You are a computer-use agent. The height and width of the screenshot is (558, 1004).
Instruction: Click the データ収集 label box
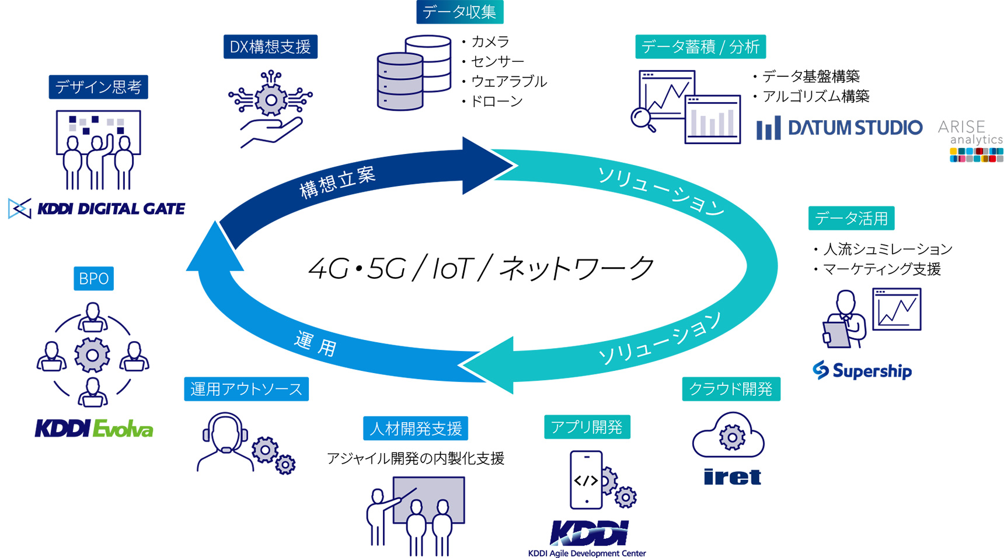tap(459, 12)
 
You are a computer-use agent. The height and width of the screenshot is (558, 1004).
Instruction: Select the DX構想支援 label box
tap(270, 47)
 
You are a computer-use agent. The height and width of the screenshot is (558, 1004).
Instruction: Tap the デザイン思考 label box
tap(98, 87)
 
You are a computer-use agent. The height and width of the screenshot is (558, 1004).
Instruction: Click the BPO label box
tap(93, 279)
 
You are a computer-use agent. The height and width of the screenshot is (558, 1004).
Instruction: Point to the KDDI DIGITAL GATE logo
tap(97, 208)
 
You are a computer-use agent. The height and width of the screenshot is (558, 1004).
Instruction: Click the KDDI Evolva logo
tap(94, 429)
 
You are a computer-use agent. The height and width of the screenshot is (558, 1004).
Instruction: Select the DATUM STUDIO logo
tap(839, 128)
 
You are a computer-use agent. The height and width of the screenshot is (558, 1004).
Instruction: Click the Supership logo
tap(862, 370)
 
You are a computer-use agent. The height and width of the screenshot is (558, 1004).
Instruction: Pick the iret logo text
tap(732, 477)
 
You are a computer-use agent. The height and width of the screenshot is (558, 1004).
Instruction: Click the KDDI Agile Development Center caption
tap(587, 553)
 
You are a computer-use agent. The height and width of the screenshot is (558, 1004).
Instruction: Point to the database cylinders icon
tap(413, 73)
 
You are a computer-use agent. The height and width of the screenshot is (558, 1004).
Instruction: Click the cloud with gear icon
tap(729, 436)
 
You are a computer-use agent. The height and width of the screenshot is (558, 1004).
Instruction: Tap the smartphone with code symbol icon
tap(587, 480)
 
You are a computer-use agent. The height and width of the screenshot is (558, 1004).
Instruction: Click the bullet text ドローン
tap(496, 101)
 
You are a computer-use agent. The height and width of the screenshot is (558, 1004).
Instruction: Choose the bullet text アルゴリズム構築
tap(815, 97)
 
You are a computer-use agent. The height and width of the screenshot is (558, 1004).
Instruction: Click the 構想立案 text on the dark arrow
tap(337, 182)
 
